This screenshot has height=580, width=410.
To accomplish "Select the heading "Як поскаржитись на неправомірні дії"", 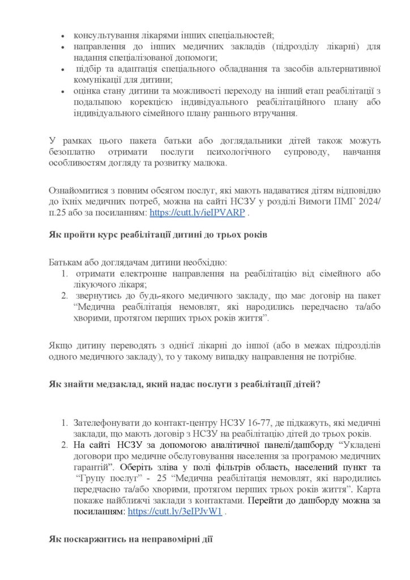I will click(130, 539).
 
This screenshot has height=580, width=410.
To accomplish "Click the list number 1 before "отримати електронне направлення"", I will click(65, 275).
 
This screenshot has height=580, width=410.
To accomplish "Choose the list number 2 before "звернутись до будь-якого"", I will click(65, 296).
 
